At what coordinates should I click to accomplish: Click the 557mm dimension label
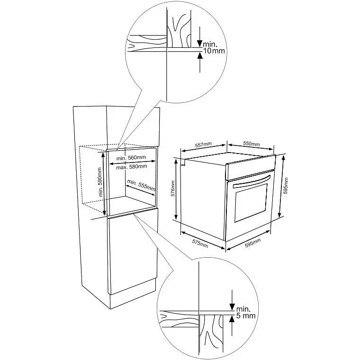(203, 144)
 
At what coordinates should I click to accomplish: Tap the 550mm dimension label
(252, 144)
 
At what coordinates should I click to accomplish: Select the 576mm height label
(173, 188)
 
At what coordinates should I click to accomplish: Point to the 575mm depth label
(200, 244)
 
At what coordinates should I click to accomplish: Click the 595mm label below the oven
(253, 243)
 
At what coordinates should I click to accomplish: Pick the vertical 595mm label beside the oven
(286, 186)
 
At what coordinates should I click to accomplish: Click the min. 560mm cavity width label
(131, 158)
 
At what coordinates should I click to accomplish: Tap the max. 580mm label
(132, 167)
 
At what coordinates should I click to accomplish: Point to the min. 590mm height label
(100, 182)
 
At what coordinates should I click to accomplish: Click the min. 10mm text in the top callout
(214, 47)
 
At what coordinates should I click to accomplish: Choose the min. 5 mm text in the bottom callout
(246, 312)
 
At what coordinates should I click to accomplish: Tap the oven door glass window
(251, 203)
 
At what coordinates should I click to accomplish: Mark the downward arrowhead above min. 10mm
(200, 44)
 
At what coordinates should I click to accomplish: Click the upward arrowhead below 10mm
(200, 55)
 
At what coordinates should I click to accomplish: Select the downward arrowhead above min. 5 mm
(232, 307)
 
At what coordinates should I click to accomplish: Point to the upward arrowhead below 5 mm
(232, 318)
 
